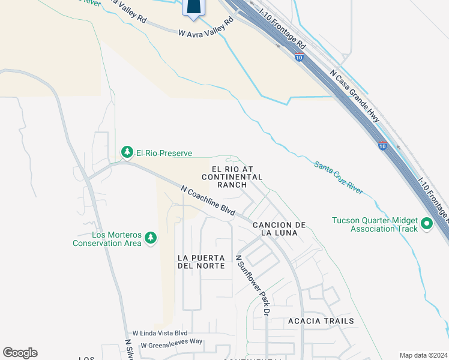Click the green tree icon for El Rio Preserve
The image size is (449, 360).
click(x=127, y=153)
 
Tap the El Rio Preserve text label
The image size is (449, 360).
click(x=164, y=154)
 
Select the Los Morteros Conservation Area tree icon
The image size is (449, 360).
click(x=150, y=239)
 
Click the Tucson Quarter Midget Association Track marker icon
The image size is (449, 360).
click(x=427, y=224)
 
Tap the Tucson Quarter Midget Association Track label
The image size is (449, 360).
click(x=375, y=224)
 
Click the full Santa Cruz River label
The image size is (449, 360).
click(x=339, y=177)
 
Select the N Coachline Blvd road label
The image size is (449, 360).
click(x=208, y=202)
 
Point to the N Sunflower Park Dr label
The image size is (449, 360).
click(x=253, y=286)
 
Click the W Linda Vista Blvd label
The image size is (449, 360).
click(x=160, y=333)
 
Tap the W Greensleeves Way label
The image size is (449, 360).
click(x=172, y=345)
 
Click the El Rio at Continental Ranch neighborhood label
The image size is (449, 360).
click(x=232, y=177)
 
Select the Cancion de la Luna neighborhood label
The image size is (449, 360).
click(x=280, y=229)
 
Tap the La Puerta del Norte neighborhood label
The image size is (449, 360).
click(x=201, y=261)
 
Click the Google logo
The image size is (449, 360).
click(x=20, y=353)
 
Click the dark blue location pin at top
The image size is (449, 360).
click(x=193, y=7)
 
